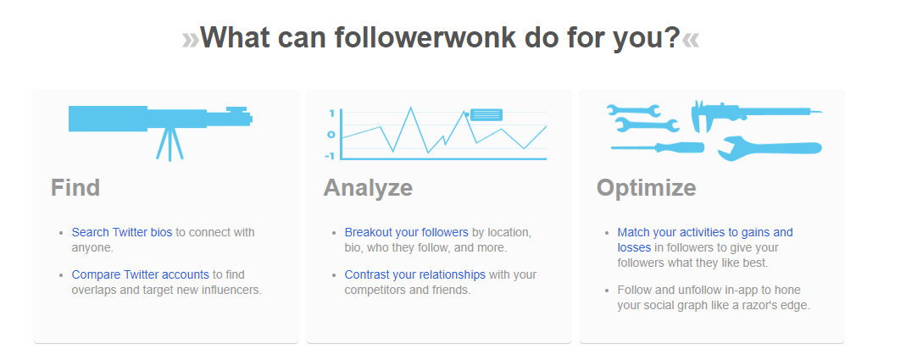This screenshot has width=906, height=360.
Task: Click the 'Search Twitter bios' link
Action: pyautogui.click(x=122, y=232)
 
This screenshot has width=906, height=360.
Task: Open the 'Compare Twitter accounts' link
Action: pyautogui.click(x=141, y=274)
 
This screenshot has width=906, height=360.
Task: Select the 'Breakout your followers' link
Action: pyautogui.click(x=406, y=232)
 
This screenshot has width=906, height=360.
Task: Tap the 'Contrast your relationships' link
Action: pyautogui.click(x=415, y=274)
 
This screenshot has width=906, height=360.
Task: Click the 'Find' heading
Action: pyautogui.click(x=75, y=188)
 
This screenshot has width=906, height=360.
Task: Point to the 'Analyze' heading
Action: pyautogui.click(x=368, y=188)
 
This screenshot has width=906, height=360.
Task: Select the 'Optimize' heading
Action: pyautogui.click(x=646, y=188)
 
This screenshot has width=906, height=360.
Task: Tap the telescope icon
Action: pyautogui.click(x=160, y=119)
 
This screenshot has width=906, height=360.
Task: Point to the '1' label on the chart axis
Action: pyautogui.click(x=331, y=114)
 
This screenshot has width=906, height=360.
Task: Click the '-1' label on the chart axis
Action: pyautogui.click(x=330, y=156)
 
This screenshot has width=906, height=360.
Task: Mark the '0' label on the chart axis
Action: pyautogui.click(x=331, y=135)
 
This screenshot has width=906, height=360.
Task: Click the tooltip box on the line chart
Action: pyautogui.click(x=486, y=115)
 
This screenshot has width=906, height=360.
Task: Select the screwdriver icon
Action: pyautogui.click(x=658, y=147)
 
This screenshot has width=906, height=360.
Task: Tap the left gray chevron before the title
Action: pyautogui.click(x=190, y=40)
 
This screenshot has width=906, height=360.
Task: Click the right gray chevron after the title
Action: pyautogui.click(x=691, y=40)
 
